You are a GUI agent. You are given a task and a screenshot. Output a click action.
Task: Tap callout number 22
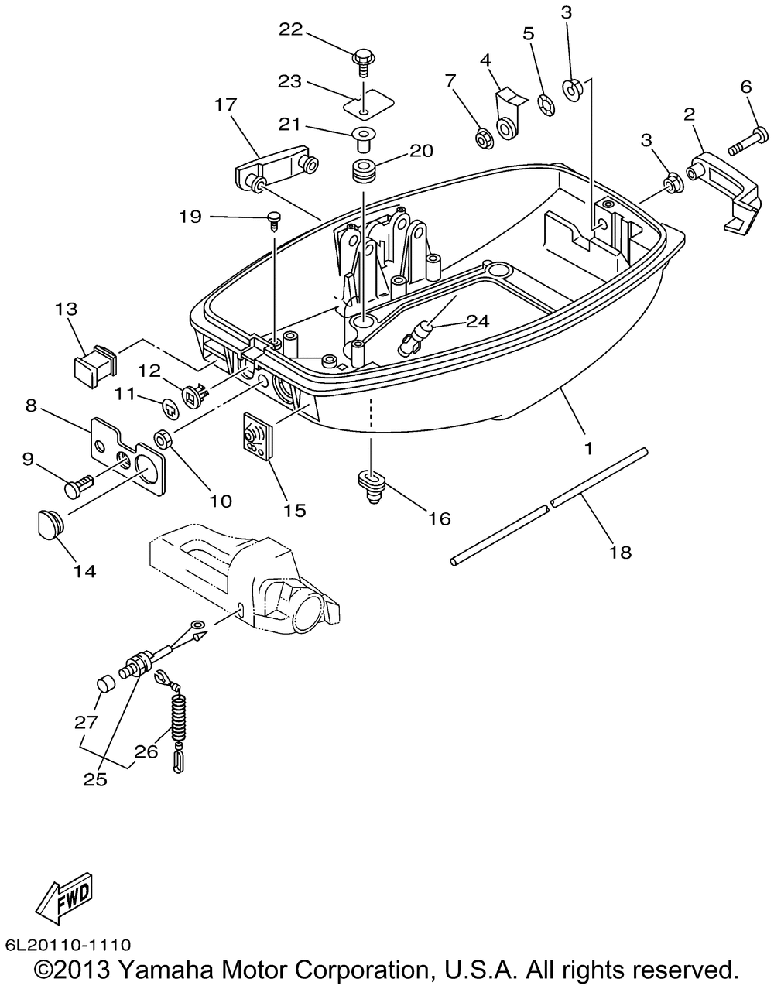[x=290, y=30]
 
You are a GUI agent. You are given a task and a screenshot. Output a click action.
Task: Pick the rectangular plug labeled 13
[x=95, y=366]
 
